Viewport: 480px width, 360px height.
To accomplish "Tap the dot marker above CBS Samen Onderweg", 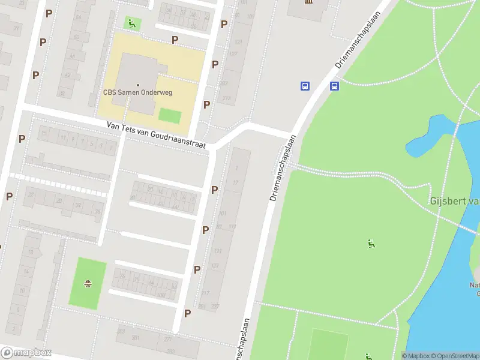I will (137, 85).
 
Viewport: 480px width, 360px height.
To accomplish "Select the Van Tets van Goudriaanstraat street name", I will (156, 136).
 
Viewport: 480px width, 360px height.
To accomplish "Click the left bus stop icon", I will (305, 86).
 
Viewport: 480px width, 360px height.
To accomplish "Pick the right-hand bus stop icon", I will (334, 86).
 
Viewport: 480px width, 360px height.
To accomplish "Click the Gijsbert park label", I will (455, 201).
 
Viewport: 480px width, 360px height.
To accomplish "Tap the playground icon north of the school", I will (131, 23).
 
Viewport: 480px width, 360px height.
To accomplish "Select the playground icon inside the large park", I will (371, 244).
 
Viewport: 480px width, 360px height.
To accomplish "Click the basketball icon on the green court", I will (88, 284).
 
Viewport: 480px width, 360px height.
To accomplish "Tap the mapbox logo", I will (26, 352).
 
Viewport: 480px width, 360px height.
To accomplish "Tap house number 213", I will (226, 98).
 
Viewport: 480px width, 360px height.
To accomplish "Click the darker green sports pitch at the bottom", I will (328, 345).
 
